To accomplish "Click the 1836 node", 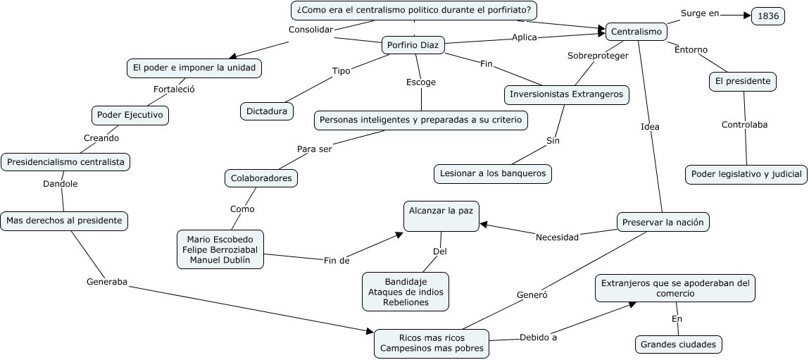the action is point(767,16).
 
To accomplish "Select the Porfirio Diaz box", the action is point(413,45).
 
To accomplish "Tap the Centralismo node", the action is point(636,32).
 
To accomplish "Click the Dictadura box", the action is point(267,111).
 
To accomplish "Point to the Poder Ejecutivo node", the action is point(130,115).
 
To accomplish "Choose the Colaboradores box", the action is point(261,178).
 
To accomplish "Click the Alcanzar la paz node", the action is point(441,216).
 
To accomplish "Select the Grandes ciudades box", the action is point(679,345).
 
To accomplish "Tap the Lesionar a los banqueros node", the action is point(493,173).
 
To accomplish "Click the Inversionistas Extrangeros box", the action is point(567,94).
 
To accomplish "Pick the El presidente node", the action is point(742,82).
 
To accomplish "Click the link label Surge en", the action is point(700,13).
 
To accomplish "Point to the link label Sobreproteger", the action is point(598,56).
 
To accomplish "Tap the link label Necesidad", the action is point(557,237).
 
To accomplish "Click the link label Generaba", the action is point(107,282).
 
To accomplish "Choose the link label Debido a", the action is point(538,337).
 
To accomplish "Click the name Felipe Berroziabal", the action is point(220,249).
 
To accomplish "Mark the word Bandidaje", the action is point(406,282).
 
